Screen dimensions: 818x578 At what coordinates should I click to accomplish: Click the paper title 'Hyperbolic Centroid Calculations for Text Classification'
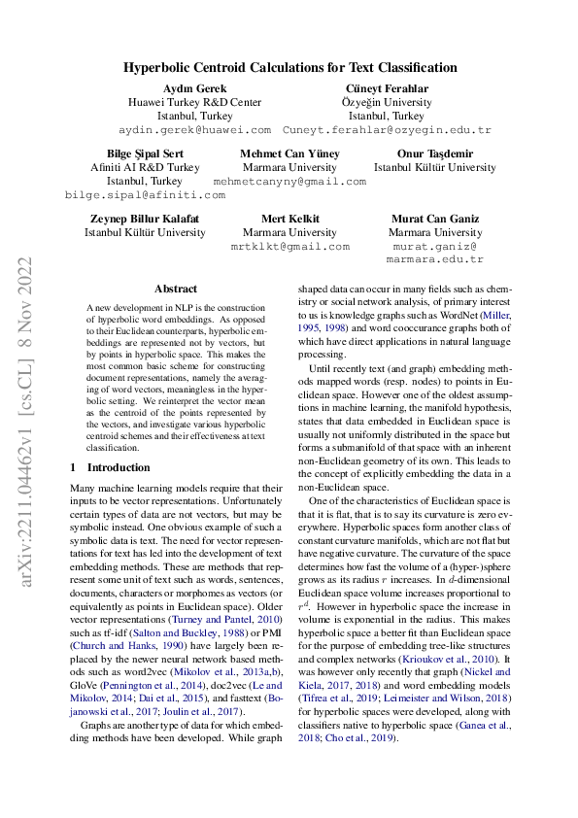pyautogui.click(x=289, y=68)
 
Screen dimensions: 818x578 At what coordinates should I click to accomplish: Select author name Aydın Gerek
pyautogui.click(x=194, y=88)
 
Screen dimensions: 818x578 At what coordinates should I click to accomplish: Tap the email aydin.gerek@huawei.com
pyautogui.click(x=194, y=129)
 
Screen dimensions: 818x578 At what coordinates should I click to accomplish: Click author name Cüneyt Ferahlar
pyautogui.click(x=387, y=88)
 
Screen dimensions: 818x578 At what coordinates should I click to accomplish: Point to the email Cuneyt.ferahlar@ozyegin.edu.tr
pyautogui.click(x=387, y=129)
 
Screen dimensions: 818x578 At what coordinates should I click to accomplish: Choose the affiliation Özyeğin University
pyautogui.click(x=387, y=102)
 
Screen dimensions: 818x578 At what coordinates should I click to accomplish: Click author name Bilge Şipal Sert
pyautogui.click(x=144, y=153)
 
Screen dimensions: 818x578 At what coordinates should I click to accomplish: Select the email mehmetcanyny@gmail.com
pyautogui.click(x=289, y=181)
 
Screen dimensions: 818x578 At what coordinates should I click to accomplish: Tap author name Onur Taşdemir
pyautogui.click(x=434, y=153)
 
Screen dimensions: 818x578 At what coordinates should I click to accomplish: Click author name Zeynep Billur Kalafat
pyautogui.click(x=145, y=219)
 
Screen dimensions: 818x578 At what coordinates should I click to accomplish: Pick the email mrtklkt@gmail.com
pyautogui.click(x=289, y=246)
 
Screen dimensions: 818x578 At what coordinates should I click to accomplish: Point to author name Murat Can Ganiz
pyautogui.click(x=434, y=219)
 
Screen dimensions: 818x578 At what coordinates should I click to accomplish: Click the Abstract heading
pyautogui.click(x=176, y=289)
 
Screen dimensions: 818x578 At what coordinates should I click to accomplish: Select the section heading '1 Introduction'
pyautogui.click(x=111, y=467)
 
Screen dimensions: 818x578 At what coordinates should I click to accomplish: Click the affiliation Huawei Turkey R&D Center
pyautogui.click(x=194, y=102)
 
